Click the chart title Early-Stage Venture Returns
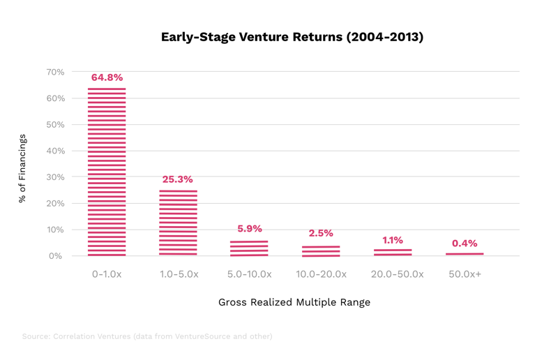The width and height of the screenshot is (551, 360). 292,37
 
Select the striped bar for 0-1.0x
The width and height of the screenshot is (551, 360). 107,171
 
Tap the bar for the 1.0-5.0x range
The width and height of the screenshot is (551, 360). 178,223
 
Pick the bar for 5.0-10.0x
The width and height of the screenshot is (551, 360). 249,248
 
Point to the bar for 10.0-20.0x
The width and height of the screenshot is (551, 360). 321,250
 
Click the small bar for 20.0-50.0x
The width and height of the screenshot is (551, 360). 393,252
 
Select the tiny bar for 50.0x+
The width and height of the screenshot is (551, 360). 465,254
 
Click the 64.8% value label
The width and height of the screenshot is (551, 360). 107,77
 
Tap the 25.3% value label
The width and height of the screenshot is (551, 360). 178,179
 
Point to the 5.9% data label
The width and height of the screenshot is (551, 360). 249,229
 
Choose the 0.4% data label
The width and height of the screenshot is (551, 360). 465,243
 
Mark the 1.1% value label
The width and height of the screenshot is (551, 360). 393,240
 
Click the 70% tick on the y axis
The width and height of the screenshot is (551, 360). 55,72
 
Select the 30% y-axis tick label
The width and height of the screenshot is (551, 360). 55,177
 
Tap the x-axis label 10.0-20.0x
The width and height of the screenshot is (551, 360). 321,274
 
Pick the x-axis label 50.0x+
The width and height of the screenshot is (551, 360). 465,274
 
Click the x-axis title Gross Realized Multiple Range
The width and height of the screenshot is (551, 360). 294,302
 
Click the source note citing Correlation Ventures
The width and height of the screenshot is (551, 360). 146,336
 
